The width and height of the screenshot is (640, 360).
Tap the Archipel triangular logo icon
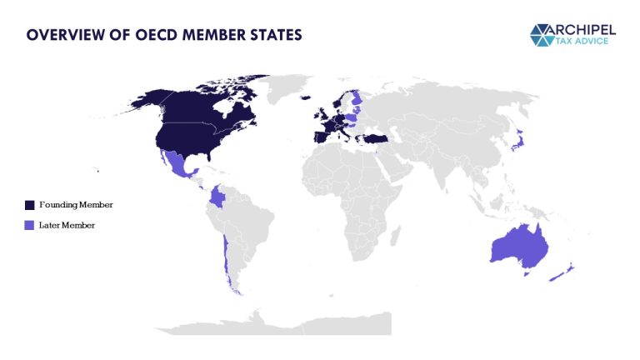[547, 34]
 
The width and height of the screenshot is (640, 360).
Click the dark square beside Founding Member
[30, 204]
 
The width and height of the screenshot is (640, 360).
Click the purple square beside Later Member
[30, 225]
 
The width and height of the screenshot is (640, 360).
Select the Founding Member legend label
[76, 204]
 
